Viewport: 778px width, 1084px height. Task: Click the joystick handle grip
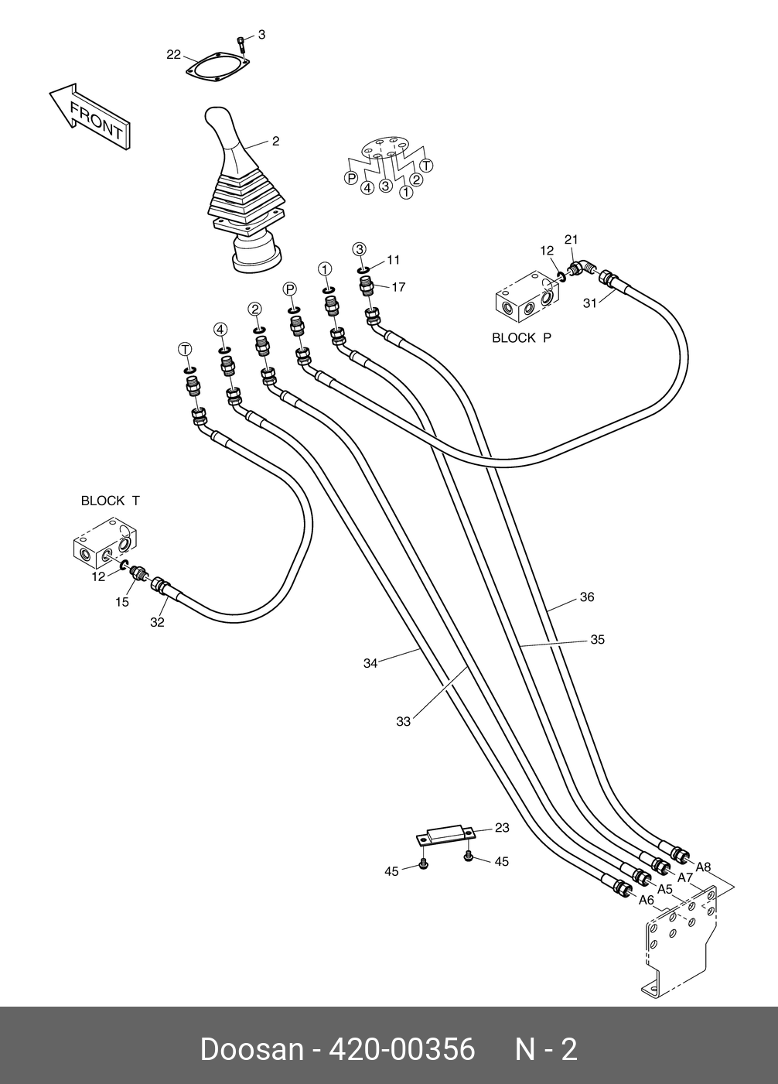pos(224,132)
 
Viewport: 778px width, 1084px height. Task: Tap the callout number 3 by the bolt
pos(261,35)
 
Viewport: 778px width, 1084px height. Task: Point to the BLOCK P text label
pos(522,338)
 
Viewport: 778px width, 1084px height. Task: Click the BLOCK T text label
pos(111,501)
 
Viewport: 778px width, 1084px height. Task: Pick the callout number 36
pos(587,597)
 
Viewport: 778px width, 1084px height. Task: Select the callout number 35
pos(597,640)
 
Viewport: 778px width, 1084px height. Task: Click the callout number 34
pos(370,663)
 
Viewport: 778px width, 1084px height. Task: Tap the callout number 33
pos(403,722)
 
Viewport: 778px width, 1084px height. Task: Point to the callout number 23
pos(502,828)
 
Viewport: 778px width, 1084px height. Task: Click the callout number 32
pos(157,622)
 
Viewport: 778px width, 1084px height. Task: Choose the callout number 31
pos(589,303)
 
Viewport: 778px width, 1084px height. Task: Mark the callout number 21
pos(571,240)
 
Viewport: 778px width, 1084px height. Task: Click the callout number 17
pos(398,287)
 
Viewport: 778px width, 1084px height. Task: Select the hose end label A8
pos(703,867)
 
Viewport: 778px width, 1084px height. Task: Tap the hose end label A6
pos(647,900)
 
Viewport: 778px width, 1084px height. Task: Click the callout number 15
pos(122,602)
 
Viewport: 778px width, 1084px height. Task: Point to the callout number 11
pos(394,260)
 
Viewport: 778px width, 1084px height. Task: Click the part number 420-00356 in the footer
pos(402,1050)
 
